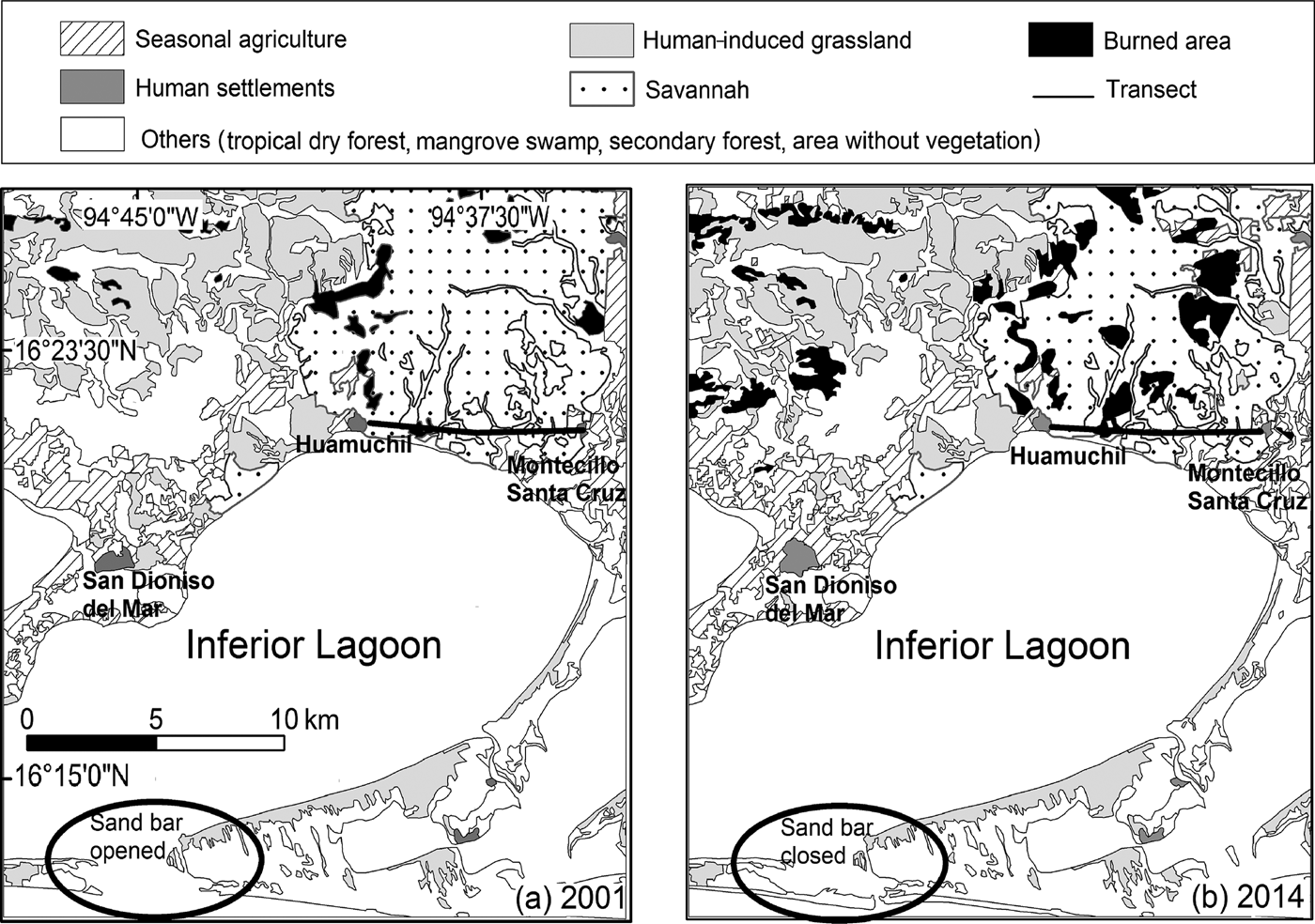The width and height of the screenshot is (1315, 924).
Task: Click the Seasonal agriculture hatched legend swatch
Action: (x=92, y=38)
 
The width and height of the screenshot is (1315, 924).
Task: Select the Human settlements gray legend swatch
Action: (x=92, y=87)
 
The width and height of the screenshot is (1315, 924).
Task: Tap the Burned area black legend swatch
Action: (x=1060, y=40)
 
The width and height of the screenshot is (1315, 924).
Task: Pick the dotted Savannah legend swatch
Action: (x=602, y=89)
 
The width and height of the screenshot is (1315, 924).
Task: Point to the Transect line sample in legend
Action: (x=1062, y=95)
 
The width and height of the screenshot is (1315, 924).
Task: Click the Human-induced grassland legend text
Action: (x=777, y=40)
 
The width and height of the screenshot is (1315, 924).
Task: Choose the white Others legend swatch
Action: (x=92, y=134)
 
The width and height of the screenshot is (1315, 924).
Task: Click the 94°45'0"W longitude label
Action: (x=140, y=218)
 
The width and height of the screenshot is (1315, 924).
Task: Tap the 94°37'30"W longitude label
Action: (x=489, y=219)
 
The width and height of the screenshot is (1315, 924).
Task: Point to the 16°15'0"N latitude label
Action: (x=70, y=777)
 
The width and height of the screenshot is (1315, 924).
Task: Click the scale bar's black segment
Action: (x=92, y=743)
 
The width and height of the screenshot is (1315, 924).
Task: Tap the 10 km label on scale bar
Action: (x=304, y=719)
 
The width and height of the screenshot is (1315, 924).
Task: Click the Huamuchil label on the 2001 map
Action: (x=353, y=444)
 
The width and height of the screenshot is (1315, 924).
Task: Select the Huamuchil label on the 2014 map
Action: (x=1068, y=456)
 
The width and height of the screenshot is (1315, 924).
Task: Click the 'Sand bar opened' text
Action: (x=136, y=837)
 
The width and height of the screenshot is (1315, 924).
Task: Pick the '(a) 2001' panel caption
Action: (x=569, y=899)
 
